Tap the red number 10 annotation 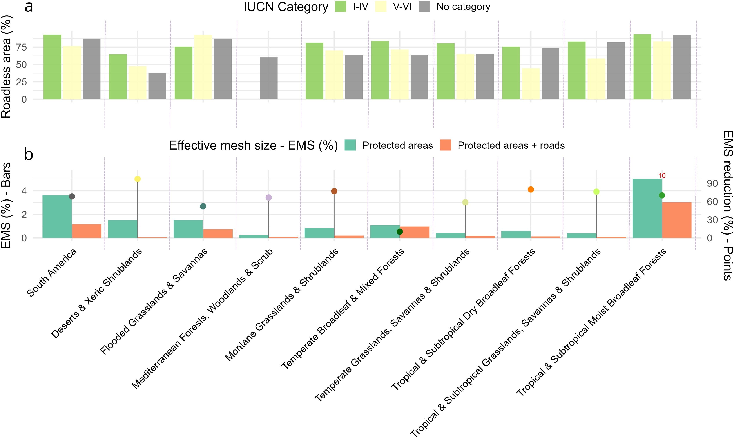pos(662,176)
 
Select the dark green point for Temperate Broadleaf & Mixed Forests pos(400,232)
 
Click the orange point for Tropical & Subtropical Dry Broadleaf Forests pos(531,190)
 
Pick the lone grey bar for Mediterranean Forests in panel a pos(268,78)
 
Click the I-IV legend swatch pos(341,7)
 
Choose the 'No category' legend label pos(463,7)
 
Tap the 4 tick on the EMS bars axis pos(24,191)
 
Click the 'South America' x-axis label pos(52,272)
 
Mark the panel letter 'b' pos(28,154)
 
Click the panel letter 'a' pos(29,7)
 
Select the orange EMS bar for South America pos(87,231)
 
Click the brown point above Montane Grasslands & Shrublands pos(334,191)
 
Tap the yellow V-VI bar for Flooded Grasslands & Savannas pos(203,67)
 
